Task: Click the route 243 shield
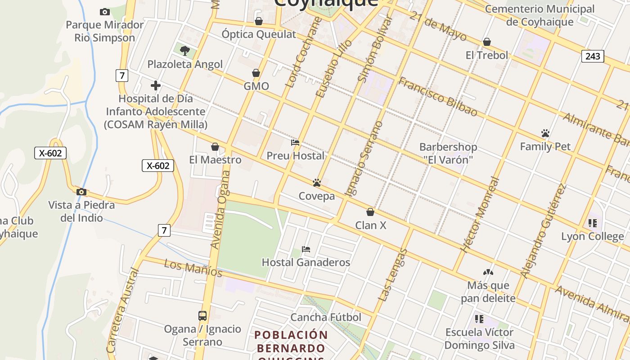coord(593,56)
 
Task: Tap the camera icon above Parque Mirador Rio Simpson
coord(104,12)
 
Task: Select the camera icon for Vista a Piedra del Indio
coord(81,192)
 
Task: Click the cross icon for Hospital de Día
coord(156,85)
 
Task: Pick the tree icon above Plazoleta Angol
coord(184,51)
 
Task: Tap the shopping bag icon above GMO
coord(256,73)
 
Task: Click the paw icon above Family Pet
coord(545,133)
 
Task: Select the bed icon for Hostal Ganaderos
coord(306,249)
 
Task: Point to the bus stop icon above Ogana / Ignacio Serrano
coord(202,316)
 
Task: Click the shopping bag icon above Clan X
coord(370,212)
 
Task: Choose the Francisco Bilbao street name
coord(437,97)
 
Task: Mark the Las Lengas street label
coord(392,275)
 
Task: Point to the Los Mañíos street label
coord(193,268)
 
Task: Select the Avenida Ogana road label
coord(221,210)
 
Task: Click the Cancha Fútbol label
coord(326,317)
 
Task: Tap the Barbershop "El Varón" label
coord(448,153)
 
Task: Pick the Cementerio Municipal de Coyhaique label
coord(540,15)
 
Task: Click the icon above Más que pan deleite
coord(488,272)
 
